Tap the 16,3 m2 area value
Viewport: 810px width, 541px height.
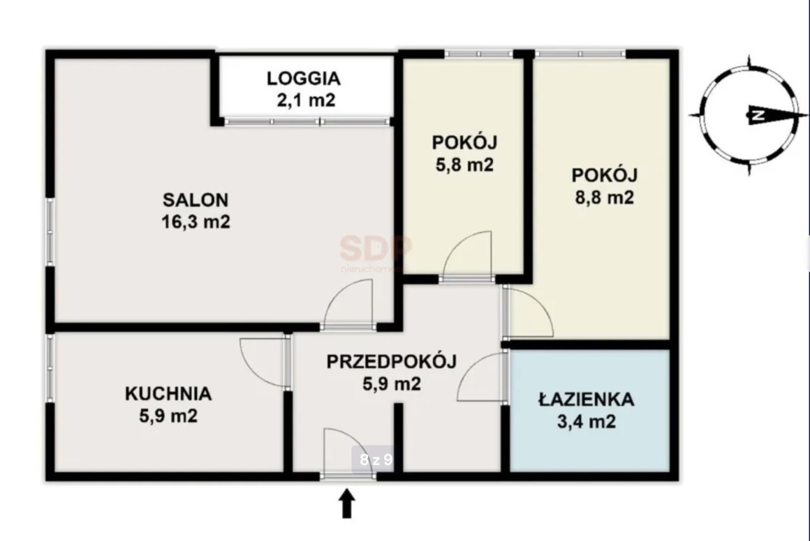tap(195, 223)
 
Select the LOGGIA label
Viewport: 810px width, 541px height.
tap(304, 78)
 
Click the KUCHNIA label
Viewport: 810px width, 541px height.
tap(168, 394)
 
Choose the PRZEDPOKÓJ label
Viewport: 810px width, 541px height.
tap(391, 362)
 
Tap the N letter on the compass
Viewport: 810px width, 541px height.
tap(756, 115)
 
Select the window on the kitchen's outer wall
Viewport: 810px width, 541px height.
tap(49, 367)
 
